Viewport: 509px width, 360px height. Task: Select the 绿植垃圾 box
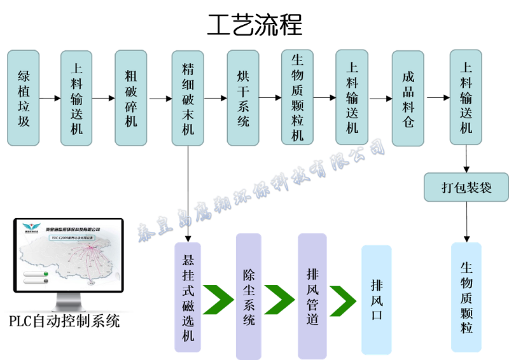click(x=24, y=99)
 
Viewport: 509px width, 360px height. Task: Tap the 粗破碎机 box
click(x=131, y=99)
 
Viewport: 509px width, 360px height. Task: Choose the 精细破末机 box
click(x=188, y=99)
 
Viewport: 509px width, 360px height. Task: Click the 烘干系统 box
click(x=243, y=99)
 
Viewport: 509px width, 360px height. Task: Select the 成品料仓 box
click(x=408, y=99)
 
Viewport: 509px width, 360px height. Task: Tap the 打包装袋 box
click(x=466, y=188)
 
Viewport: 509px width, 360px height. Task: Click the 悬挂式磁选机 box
click(x=188, y=297)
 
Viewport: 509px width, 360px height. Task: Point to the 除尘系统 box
click(x=249, y=296)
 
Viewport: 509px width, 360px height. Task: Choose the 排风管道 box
click(x=312, y=296)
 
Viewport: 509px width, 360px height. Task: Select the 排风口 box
click(x=376, y=299)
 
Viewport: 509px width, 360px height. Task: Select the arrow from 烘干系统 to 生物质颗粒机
click(x=270, y=98)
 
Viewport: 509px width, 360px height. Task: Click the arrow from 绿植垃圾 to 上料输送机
click(x=50, y=99)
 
